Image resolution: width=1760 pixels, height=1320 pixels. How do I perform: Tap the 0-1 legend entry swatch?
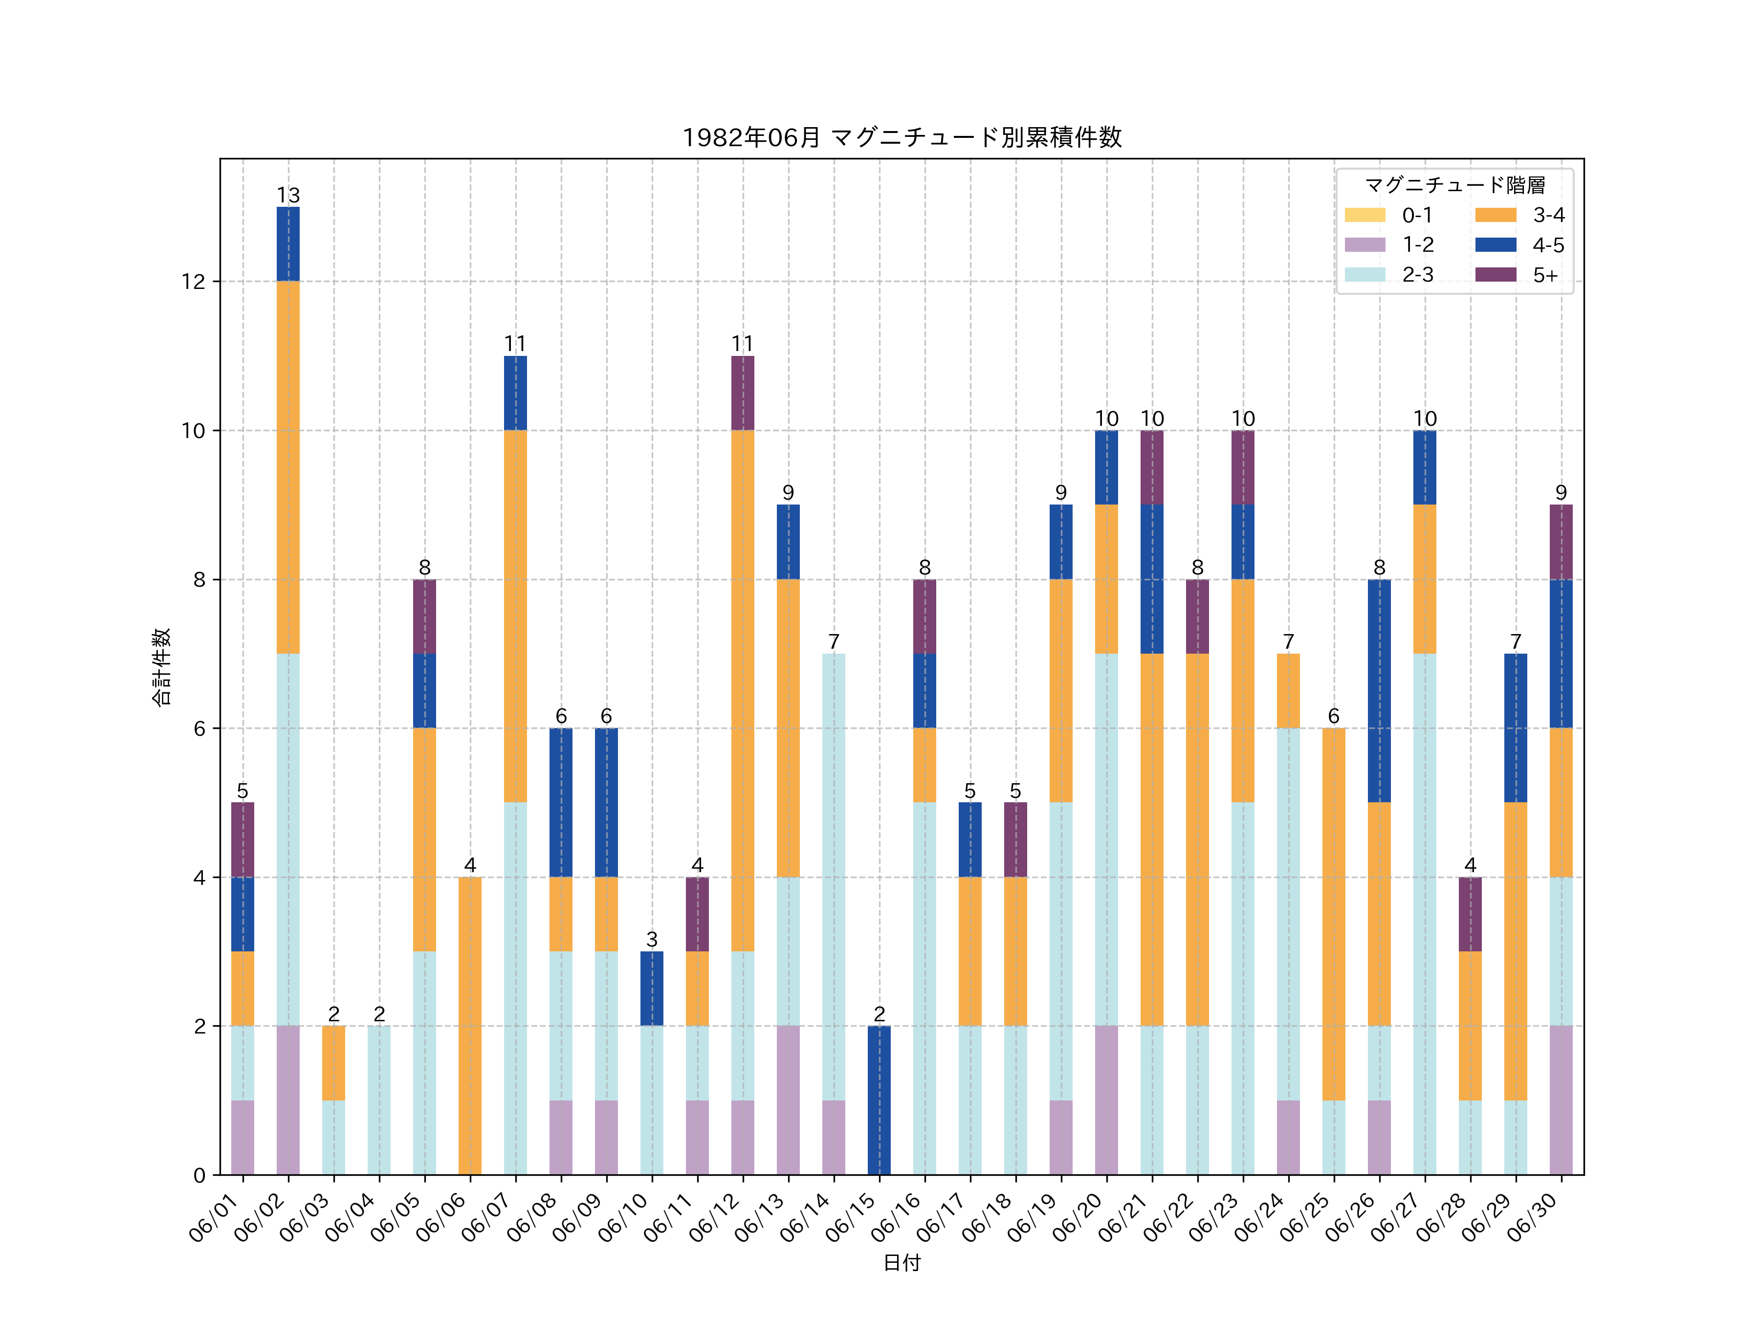tap(1364, 215)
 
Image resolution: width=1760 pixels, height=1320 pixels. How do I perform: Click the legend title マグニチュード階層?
tap(1454, 185)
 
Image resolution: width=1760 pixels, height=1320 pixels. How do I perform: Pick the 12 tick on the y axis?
tap(193, 282)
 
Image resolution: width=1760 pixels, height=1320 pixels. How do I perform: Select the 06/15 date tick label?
tap(851, 1217)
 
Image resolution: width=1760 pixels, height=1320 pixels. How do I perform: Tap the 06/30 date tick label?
tap(1533, 1217)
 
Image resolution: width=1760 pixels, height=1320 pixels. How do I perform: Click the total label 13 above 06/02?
tap(288, 195)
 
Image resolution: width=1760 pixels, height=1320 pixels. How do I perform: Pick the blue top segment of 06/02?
tap(288, 244)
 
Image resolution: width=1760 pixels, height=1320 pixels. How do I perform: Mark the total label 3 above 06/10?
tap(652, 940)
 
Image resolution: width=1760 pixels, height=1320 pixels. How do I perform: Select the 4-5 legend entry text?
tap(1547, 245)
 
